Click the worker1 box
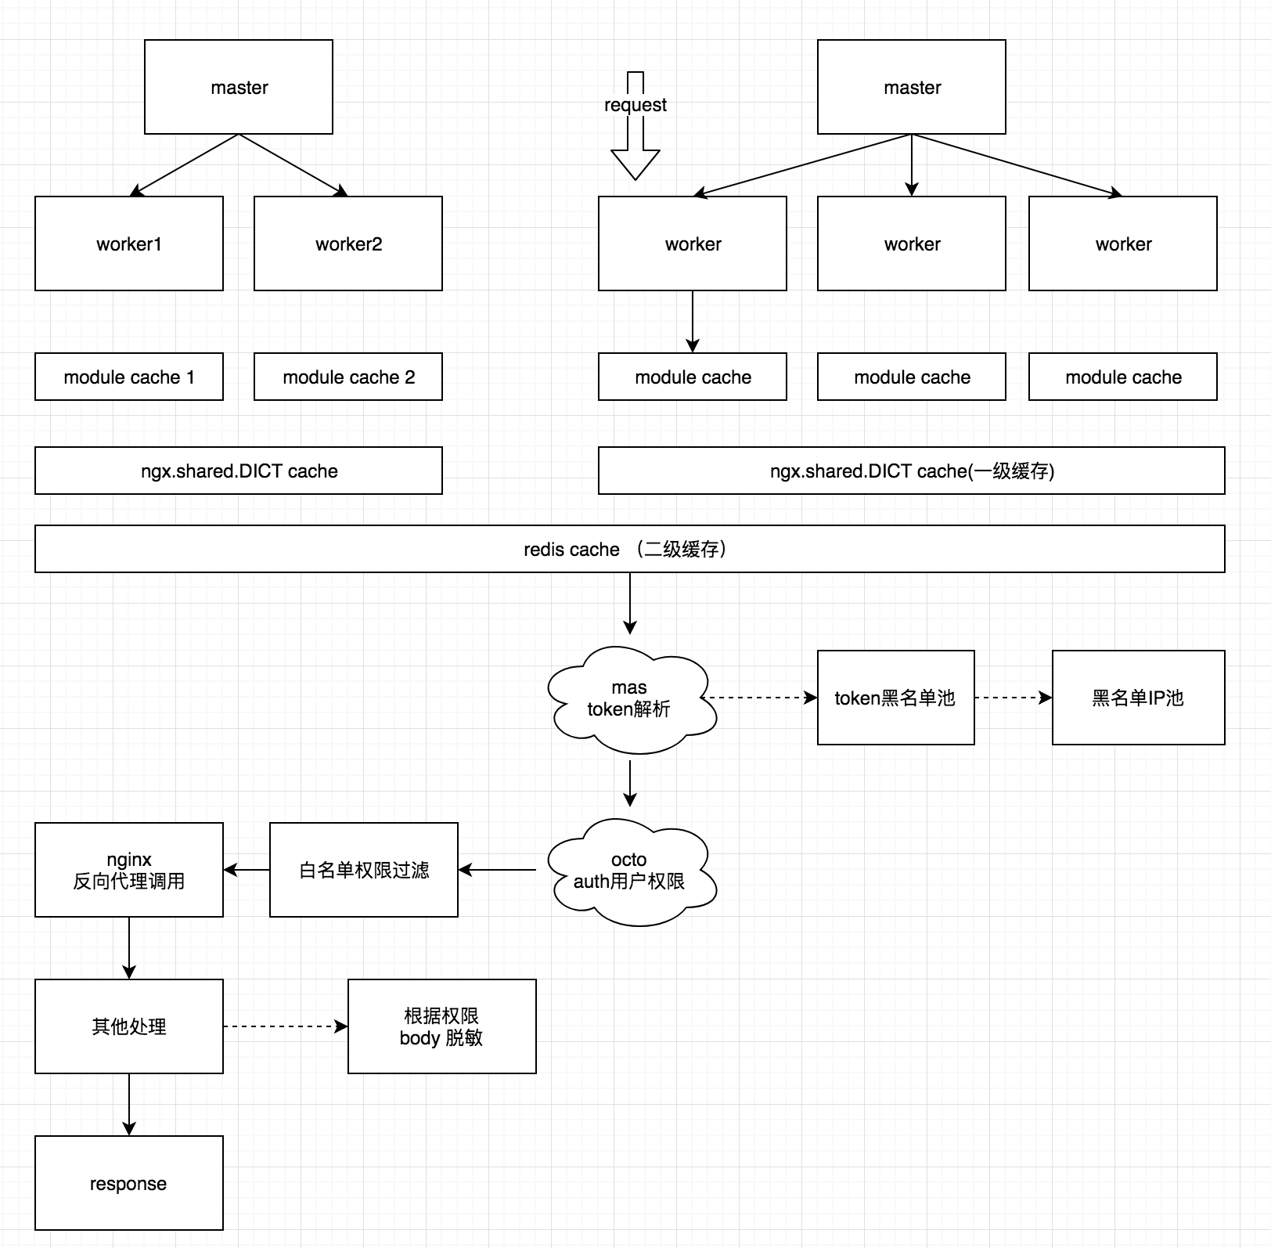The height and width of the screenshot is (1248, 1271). point(129,243)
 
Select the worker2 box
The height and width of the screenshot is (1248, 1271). point(348,243)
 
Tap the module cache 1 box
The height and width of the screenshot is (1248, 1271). point(129,377)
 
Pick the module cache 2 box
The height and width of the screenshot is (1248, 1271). point(348,377)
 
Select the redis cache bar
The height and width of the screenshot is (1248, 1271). point(629,549)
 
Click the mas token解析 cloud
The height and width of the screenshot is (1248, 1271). point(631,698)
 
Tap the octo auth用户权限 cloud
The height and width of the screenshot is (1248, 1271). point(631,871)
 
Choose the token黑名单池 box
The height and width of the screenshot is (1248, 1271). point(895,698)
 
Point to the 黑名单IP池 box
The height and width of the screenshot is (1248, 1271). point(1138,698)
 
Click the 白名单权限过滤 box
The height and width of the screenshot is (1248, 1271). point(364,870)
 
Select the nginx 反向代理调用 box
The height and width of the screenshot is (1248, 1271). point(129,870)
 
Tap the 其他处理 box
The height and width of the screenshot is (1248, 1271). point(129,1026)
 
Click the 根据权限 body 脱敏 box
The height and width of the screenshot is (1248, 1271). point(442,1026)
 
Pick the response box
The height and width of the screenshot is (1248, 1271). point(129,1183)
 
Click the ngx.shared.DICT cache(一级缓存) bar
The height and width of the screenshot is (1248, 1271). point(911,471)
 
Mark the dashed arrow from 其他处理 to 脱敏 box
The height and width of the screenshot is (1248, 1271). point(286,1026)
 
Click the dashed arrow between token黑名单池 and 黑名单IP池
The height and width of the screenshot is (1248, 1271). point(1014,698)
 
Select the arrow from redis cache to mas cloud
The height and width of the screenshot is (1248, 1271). point(630,603)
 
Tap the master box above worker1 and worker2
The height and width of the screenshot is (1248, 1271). point(239,87)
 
